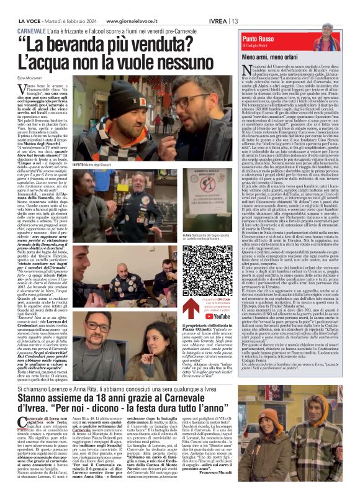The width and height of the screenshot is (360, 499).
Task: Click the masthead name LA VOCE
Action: pyautogui.click(x=27, y=20)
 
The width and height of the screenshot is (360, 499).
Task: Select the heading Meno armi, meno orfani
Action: pyautogui.click(x=268, y=56)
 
